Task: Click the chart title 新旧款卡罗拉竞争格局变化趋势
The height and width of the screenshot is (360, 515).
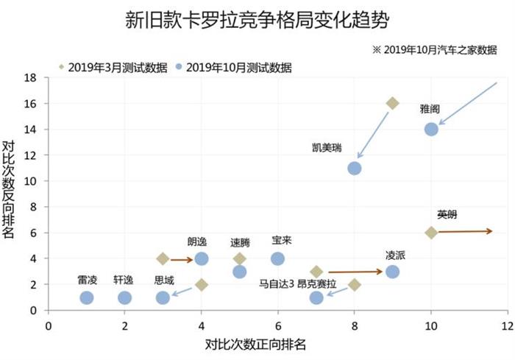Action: [257, 20]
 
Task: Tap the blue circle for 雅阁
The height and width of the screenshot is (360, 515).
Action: [431, 129]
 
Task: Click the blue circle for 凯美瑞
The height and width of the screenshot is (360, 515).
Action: [354, 168]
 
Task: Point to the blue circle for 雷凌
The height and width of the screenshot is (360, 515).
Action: [87, 297]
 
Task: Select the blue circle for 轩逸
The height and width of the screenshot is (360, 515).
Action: [124, 297]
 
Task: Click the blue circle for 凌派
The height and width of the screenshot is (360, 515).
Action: [392, 272]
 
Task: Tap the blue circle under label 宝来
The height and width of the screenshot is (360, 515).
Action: [277, 258]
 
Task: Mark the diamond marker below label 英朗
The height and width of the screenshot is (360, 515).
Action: [431, 233]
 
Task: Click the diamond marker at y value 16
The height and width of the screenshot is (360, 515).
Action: [392, 103]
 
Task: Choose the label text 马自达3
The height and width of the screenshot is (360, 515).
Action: [277, 283]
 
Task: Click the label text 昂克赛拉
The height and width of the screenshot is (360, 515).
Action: [317, 283]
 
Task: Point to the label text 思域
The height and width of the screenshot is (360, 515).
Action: [164, 280]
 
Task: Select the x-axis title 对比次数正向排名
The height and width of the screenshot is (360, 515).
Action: [255, 343]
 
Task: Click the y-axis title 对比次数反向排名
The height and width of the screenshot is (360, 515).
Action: [10, 189]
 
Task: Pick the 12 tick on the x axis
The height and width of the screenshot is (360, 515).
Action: [507, 324]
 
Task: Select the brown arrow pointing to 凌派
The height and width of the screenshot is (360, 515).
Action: [355, 272]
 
